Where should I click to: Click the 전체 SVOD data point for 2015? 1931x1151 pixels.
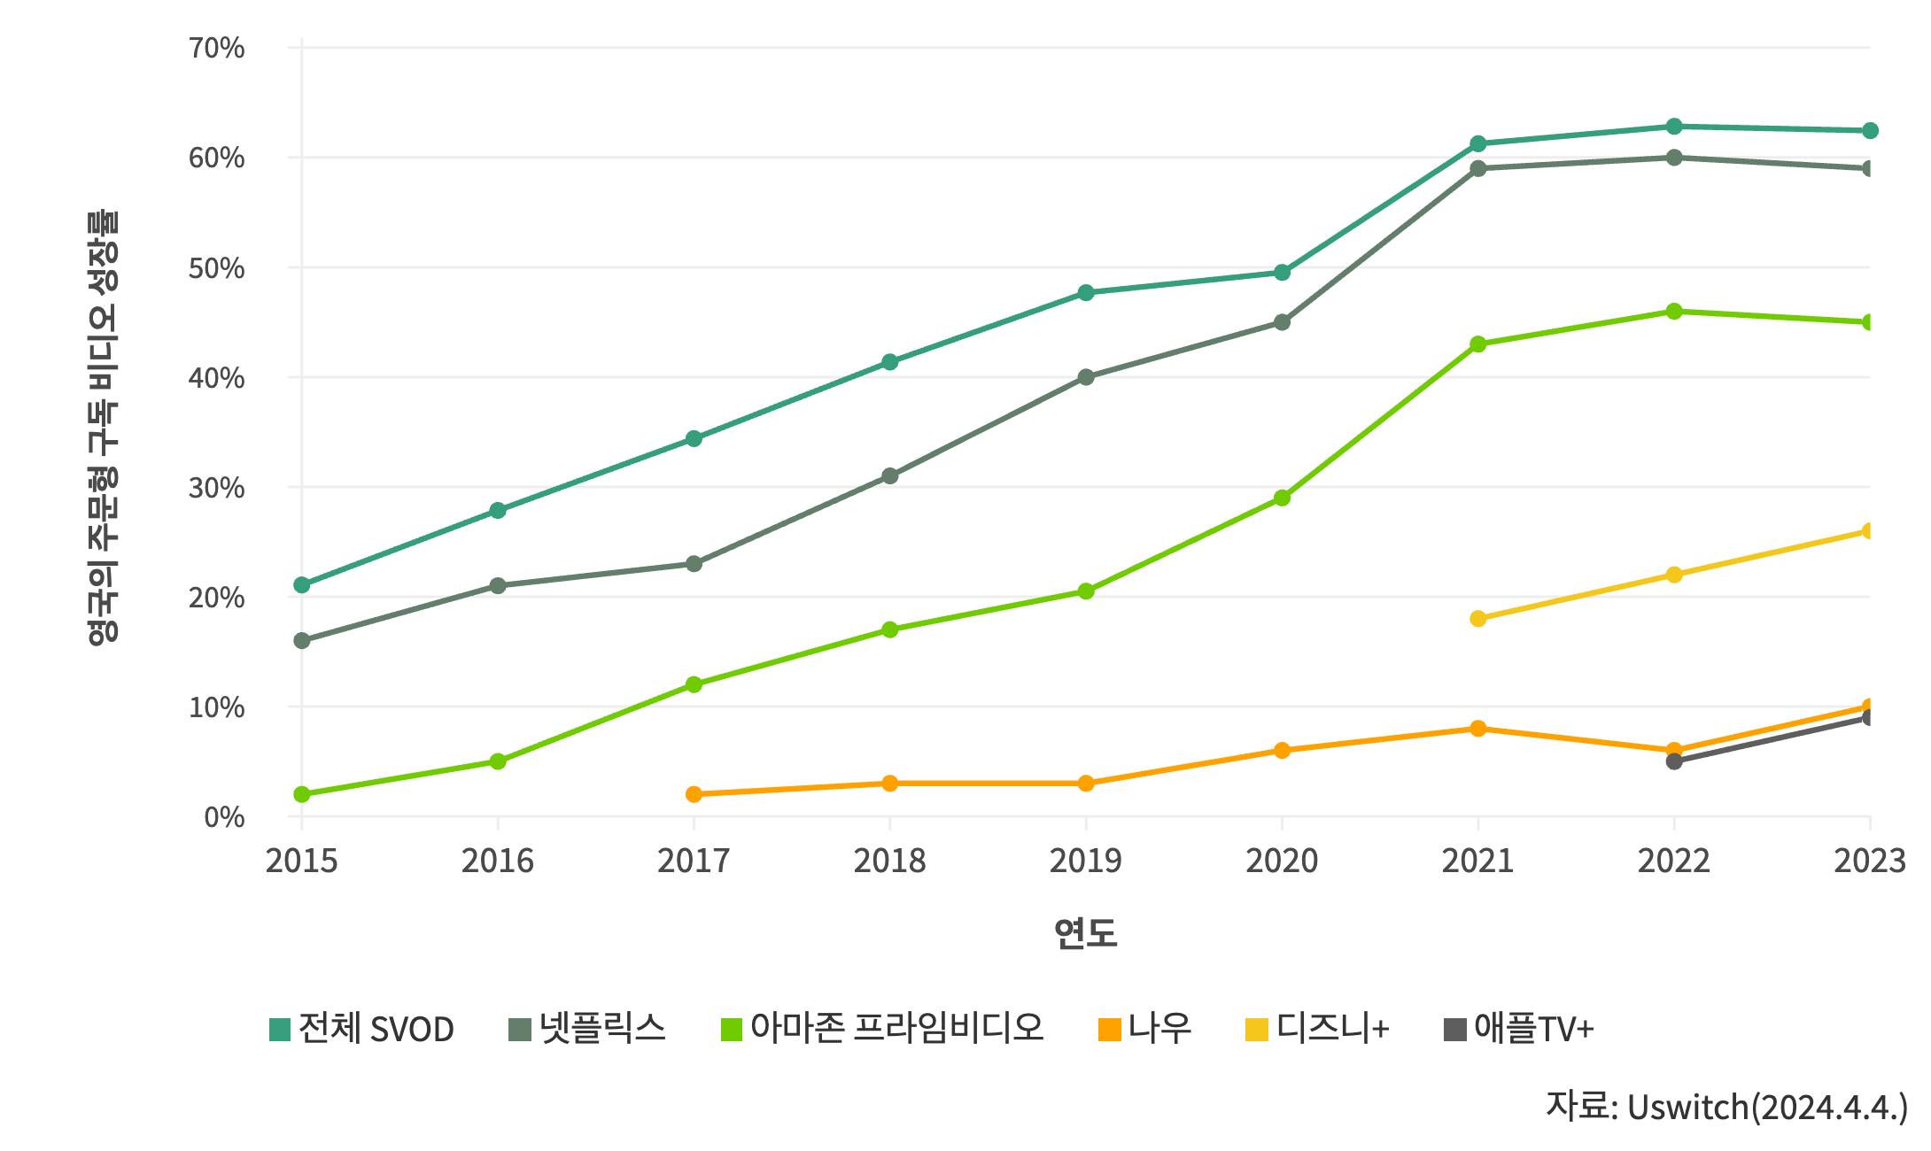click(x=302, y=585)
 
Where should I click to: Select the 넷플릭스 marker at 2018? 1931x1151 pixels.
click(x=890, y=476)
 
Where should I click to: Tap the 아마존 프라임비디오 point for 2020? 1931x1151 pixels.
click(x=1282, y=498)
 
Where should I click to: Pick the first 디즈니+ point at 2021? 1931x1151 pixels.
click(x=1478, y=619)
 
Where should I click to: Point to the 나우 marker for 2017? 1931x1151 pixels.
click(x=694, y=794)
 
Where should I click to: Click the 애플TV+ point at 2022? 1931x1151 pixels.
click(x=1674, y=761)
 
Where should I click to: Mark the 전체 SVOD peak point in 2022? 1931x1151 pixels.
click(x=1674, y=127)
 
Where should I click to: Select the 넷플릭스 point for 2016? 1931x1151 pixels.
click(x=498, y=586)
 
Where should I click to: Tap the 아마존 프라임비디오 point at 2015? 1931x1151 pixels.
click(x=302, y=794)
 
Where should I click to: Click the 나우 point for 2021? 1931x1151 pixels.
click(x=1478, y=729)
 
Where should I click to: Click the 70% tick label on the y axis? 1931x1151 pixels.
click(x=216, y=48)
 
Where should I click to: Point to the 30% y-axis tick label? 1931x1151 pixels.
click(x=216, y=488)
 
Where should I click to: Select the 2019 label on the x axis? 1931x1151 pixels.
click(x=1086, y=861)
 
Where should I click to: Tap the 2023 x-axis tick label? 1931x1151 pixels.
click(x=1869, y=861)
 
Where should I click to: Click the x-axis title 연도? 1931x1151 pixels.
click(x=1086, y=933)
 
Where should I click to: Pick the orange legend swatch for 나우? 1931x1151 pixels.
click(x=1110, y=1030)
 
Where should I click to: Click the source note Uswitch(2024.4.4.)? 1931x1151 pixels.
click(x=1726, y=1107)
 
